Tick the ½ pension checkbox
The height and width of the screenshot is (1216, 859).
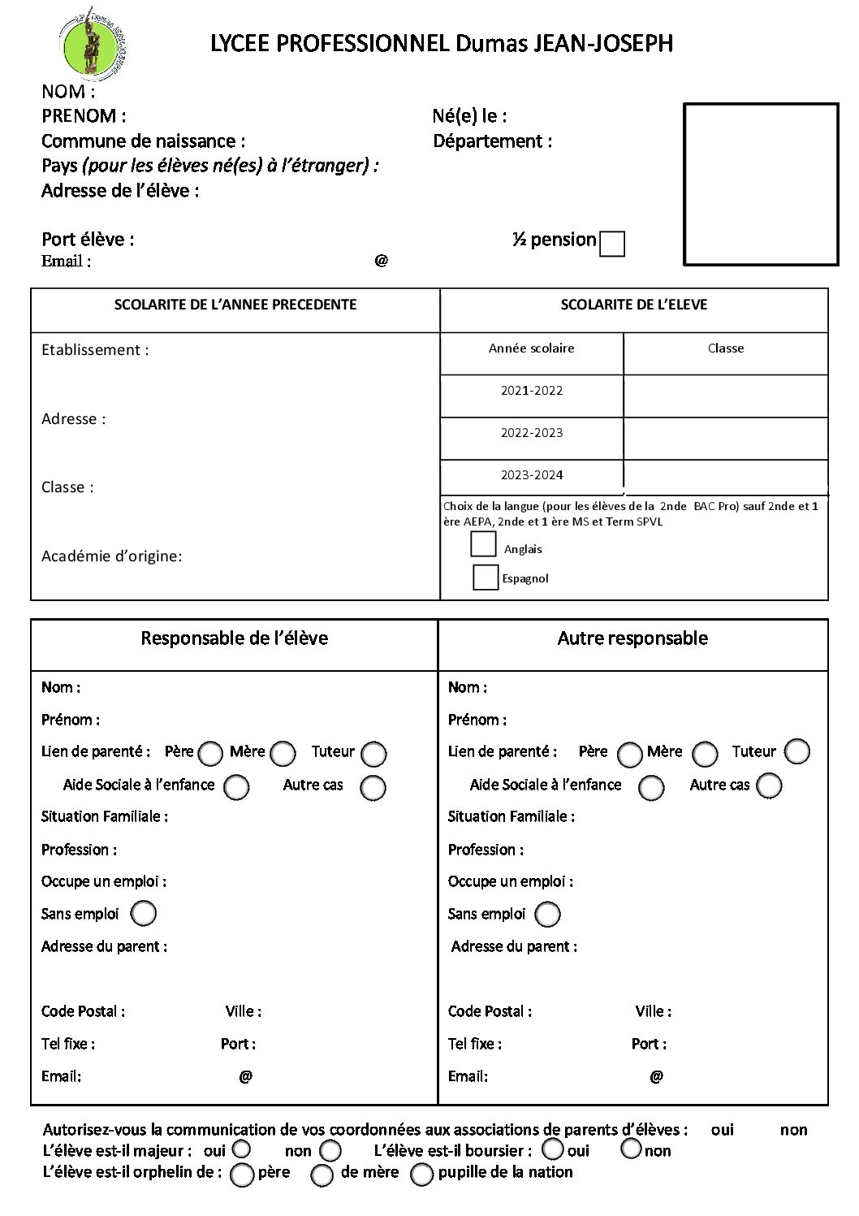tap(612, 244)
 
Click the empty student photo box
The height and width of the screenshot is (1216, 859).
tap(761, 184)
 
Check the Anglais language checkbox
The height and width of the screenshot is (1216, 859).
tap(483, 543)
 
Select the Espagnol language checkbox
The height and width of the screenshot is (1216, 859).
tap(486, 577)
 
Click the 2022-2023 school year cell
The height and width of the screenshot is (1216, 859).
tap(532, 433)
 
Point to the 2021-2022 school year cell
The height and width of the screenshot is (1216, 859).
tap(532, 391)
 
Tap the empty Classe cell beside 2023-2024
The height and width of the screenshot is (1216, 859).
tap(726, 474)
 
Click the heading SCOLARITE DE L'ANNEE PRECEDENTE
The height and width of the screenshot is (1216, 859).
tap(235, 305)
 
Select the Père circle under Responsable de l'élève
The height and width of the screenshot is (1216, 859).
tap(210, 754)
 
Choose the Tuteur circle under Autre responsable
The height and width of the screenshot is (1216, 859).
tap(797, 751)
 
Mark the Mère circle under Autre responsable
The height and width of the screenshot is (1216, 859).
tap(705, 754)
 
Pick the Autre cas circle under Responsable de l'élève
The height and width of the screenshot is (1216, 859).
tap(373, 787)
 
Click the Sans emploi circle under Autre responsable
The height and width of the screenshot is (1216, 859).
tap(548, 914)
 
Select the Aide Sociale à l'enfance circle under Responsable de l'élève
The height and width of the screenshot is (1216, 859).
tap(237, 787)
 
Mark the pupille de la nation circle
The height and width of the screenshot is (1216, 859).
tap(421, 1175)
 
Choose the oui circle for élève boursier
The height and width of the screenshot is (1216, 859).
tap(553, 1149)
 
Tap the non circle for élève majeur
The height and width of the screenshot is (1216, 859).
tap(330, 1151)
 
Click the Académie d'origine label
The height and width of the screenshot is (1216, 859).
tap(112, 556)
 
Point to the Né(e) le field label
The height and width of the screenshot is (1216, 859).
tap(470, 116)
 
